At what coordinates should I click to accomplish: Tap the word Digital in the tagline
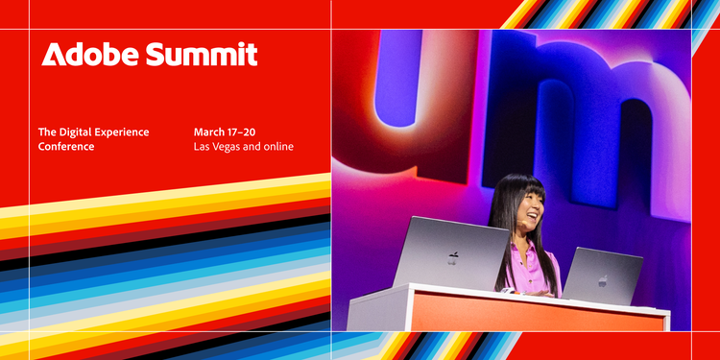click(82, 132)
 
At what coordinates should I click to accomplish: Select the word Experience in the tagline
click(127, 132)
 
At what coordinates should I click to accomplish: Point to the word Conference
click(66, 147)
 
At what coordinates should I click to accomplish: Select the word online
click(276, 147)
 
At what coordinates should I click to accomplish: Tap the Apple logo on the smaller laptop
click(603, 280)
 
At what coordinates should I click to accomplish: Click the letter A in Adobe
click(52, 55)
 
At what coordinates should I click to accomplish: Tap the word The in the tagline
click(47, 132)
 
